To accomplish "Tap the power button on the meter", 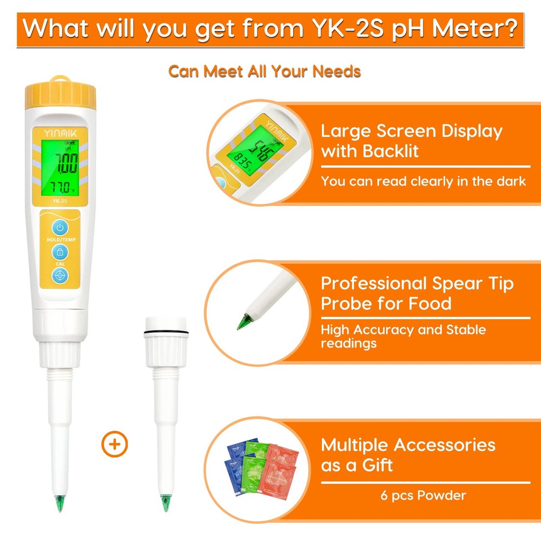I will (60, 227).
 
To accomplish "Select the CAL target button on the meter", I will (60, 275).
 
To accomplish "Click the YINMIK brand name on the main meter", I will (60, 133).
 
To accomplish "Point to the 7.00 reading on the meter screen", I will (60, 161).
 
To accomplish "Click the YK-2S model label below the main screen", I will (60, 201).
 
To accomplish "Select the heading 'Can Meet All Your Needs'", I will (265, 71).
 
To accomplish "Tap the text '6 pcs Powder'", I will (423, 495).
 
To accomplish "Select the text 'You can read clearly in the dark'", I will (423, 181).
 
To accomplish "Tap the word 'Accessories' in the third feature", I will (444, 445).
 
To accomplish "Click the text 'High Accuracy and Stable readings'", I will (403, 337).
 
